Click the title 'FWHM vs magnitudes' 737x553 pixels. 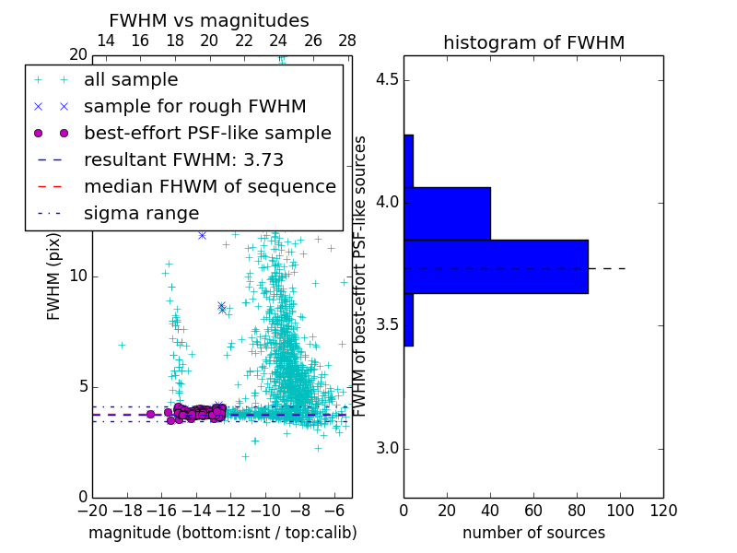pos(209,21)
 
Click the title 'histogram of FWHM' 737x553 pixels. pos(533,43)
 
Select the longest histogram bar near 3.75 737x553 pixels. pos(496,266)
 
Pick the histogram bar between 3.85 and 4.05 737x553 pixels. pos(447,214)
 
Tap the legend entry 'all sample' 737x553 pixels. pos(131,80)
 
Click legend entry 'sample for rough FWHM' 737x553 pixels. pos(194,107)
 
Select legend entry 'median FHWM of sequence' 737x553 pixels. pos(209,187)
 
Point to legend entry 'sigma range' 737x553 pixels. pos(141,214)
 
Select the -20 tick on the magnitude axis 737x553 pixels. pos(92,512)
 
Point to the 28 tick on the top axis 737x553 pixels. pos(347,41)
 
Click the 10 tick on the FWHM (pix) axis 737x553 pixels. pos(78,276)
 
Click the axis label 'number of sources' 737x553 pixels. pos(533,533)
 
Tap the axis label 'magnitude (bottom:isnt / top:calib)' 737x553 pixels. pos(222,533)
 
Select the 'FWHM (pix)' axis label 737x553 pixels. pos(54,276)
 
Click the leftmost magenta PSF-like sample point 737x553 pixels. pos(150,415)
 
